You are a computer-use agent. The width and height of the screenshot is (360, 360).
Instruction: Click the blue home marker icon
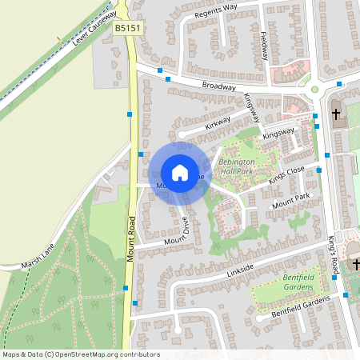coord(179,173)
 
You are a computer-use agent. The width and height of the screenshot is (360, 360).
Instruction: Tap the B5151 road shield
coord(126,27)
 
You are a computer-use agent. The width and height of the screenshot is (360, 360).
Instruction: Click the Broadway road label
coord(218,86)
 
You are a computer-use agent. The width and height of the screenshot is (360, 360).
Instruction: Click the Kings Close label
coord(286,175)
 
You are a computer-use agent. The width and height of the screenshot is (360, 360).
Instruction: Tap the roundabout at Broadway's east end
coord(314,90)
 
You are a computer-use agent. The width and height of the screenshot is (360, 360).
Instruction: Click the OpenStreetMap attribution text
coord(81,354)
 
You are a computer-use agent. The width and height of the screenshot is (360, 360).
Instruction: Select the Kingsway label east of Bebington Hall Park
coord(278,132)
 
